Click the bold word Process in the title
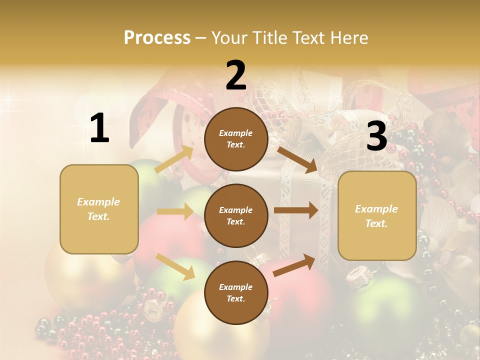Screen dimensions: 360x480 pos(157,38)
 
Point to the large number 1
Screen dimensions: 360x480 pos(99,128)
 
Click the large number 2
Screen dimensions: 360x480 pos(236,75)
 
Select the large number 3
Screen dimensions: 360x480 pos(376,136)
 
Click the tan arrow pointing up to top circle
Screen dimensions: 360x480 pos(174,159)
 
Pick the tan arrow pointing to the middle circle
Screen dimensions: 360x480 pos(175,211)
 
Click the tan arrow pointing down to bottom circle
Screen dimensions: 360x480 pos(175,266)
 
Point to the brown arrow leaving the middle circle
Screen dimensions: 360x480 pos(295,210)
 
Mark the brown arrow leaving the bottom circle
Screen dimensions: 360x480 pos(294,265)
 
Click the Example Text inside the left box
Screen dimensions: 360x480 pos(98,209)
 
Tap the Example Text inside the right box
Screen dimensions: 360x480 pos(376,216)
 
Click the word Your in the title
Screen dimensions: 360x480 pos(230,38)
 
